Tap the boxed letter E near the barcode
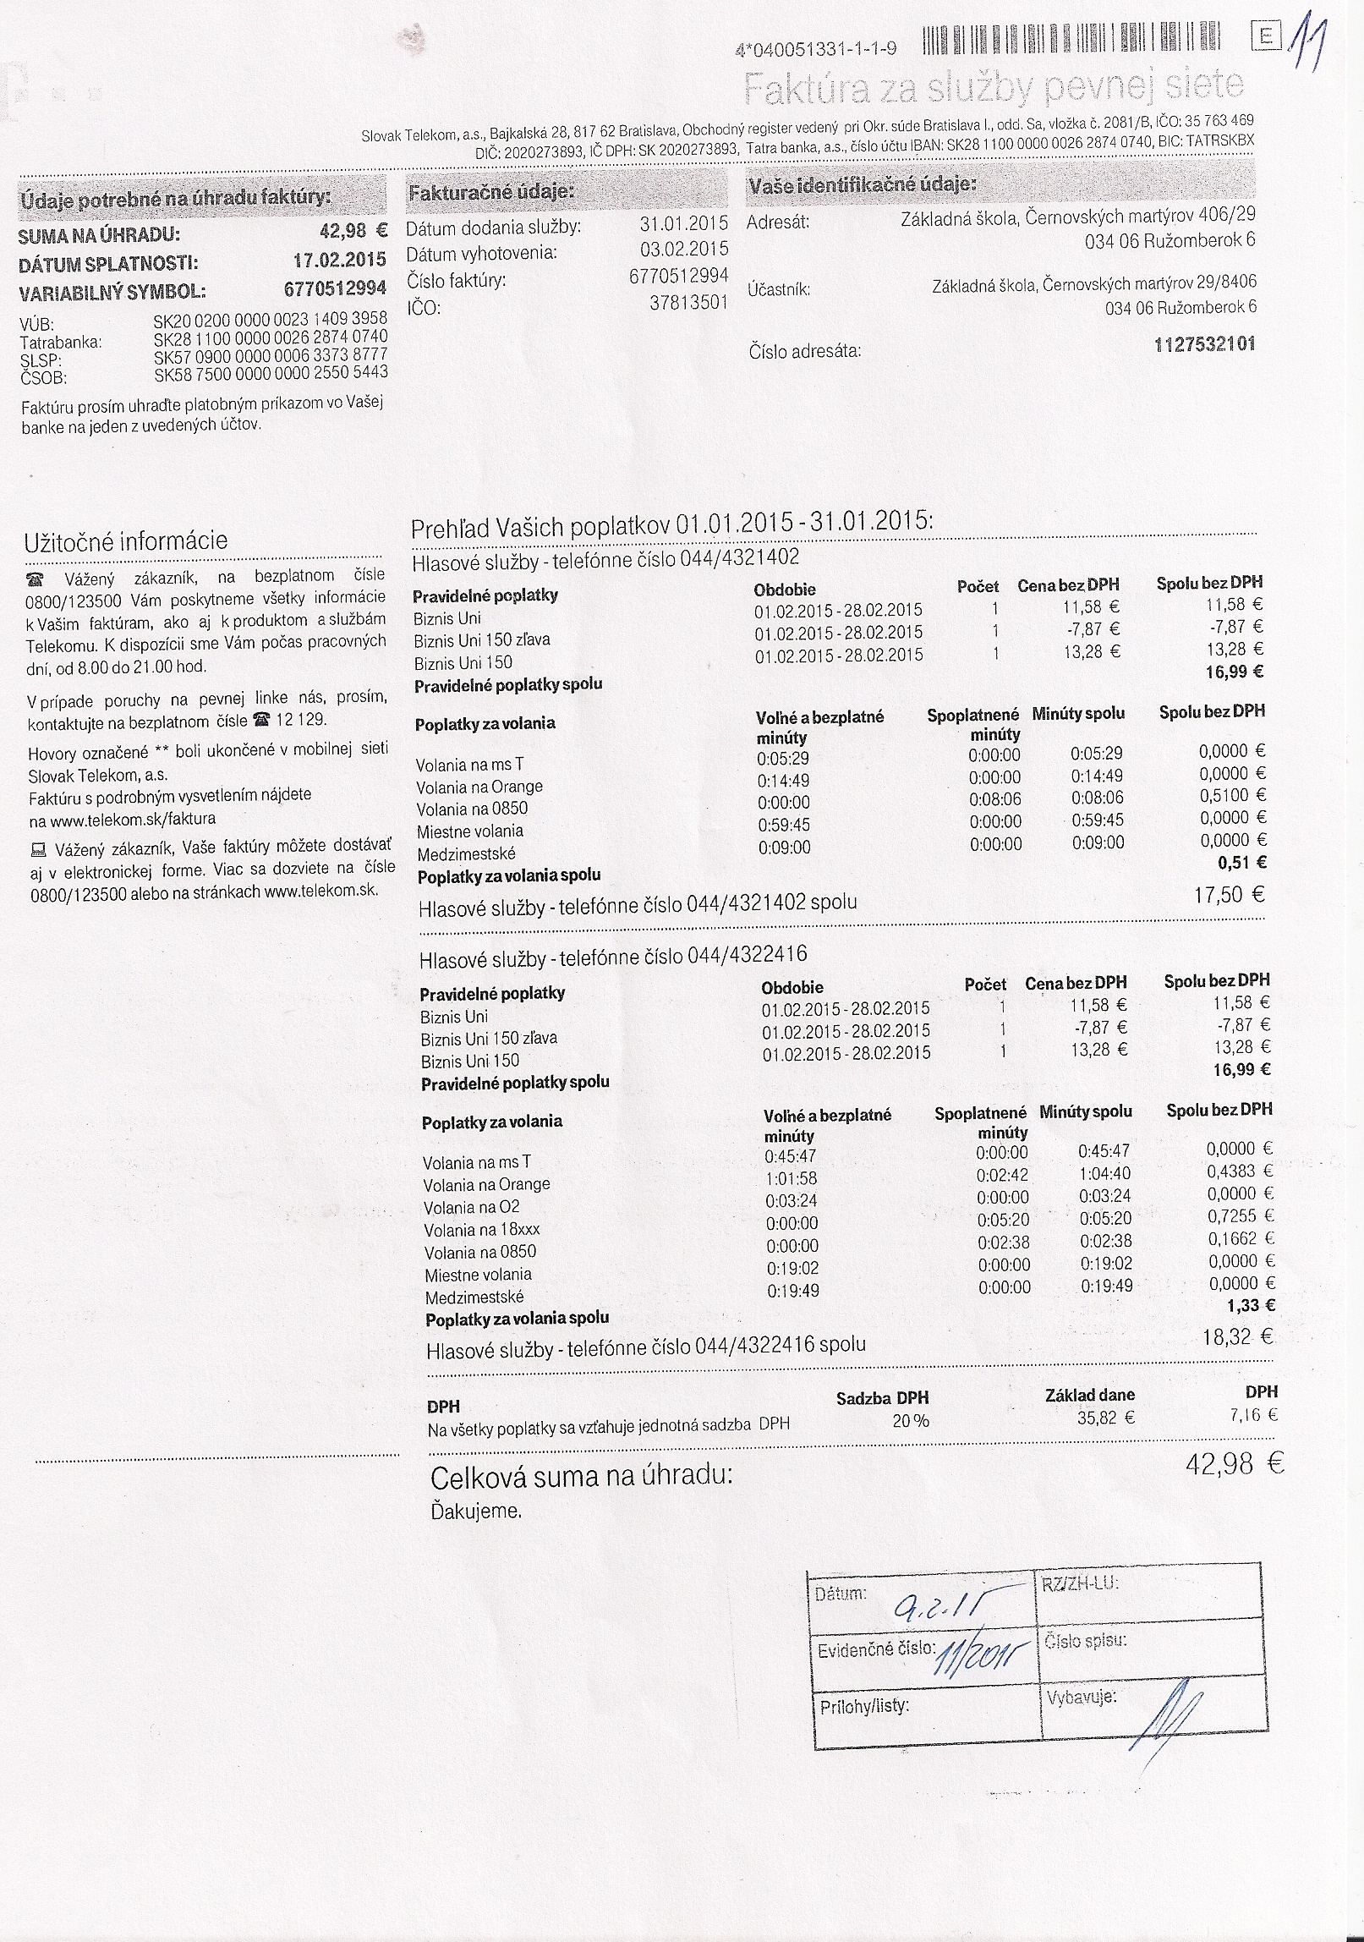click(1266, 36)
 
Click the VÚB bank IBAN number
click(270, 319)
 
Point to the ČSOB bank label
click(43, 377)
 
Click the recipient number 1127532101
click(1204, 345)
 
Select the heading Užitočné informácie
click(126, 541)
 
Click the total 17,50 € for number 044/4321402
click(1229, 895)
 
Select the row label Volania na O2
click(472, 1208)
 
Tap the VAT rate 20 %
click(910, 1421)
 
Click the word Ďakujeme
click(476, 1511)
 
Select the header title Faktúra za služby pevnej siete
click(994, 87)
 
